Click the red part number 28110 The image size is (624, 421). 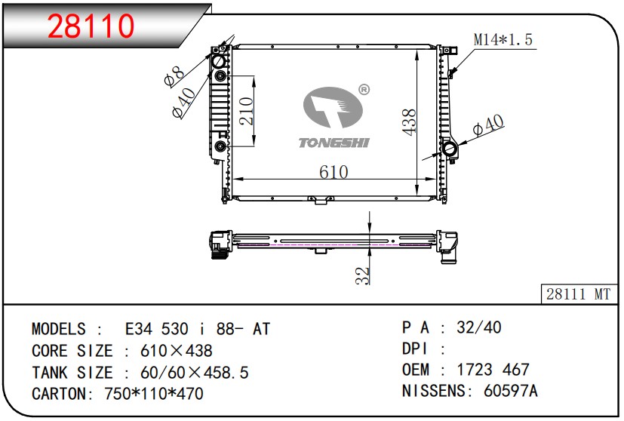point(91,26)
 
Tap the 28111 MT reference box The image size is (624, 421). point(579,294)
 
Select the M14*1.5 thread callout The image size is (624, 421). point(503,39)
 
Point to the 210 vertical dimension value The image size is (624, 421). point(246,111)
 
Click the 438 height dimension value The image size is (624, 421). point(409,121)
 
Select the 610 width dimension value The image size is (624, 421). point(334,172)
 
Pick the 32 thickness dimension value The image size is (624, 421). point(362,275)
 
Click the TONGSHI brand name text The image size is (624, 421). point(334,143)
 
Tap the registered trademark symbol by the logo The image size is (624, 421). point(364,90)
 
